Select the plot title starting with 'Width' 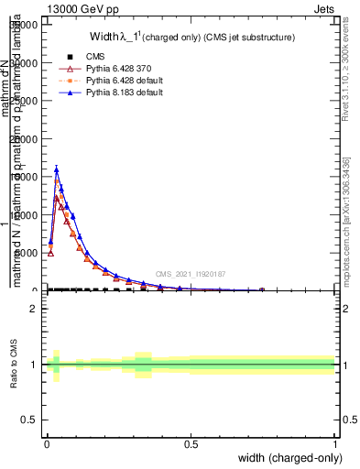(191, 38)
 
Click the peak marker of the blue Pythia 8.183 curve (57, 169)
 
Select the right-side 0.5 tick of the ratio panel (347, 420)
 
